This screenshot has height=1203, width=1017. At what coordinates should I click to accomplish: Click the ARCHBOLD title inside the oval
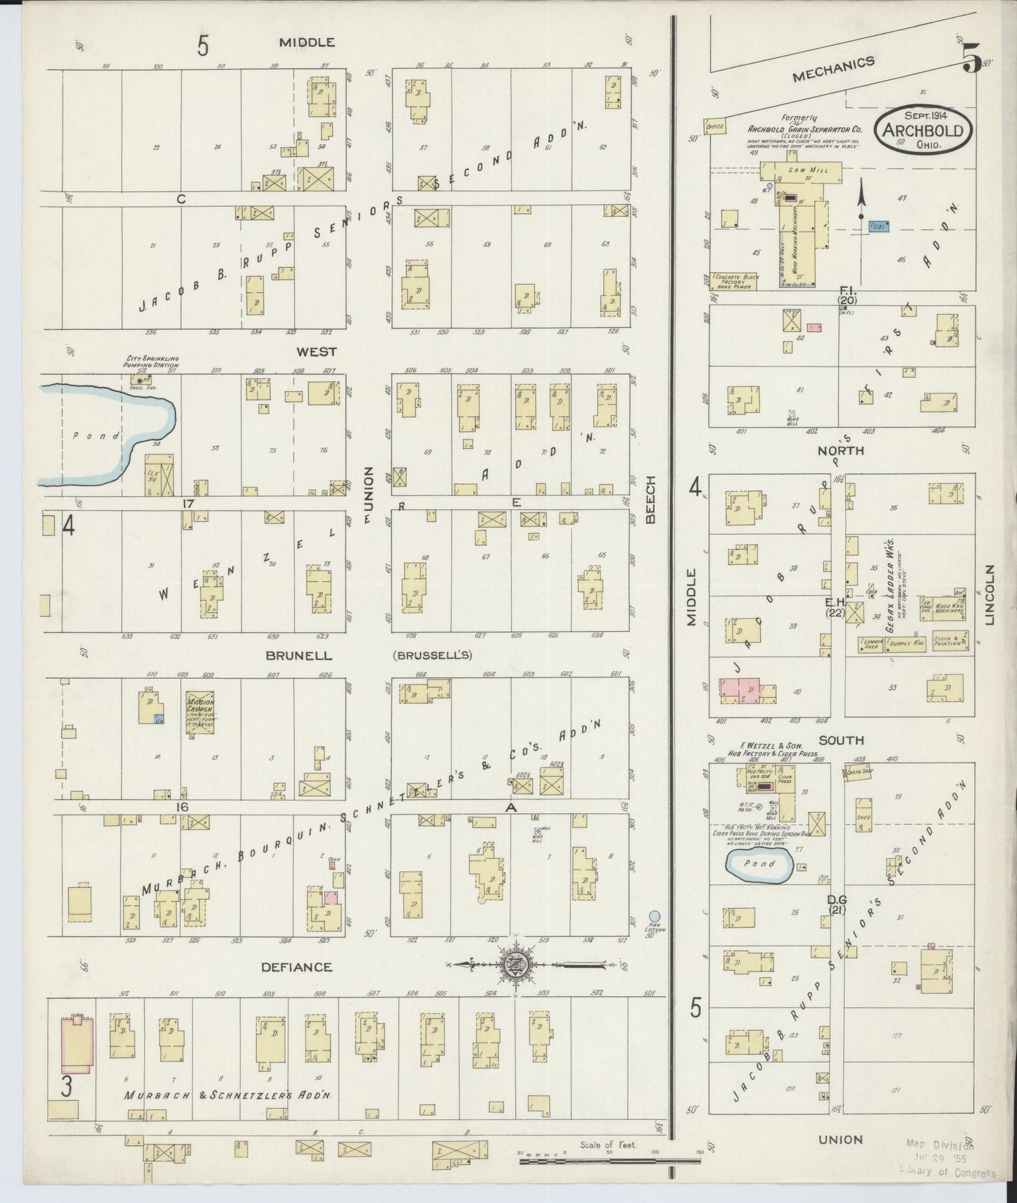(x=923, y=131)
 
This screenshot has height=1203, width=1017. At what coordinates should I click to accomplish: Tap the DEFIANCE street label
(x=296, y=967)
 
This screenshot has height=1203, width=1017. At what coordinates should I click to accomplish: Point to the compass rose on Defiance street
(x=517, y=965)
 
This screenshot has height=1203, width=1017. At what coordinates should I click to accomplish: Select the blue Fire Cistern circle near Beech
(x=655, y=916)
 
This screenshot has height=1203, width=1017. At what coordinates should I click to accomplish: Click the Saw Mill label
(x=802, y=170)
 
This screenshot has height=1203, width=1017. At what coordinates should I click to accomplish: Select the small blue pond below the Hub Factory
(x=759, y=864)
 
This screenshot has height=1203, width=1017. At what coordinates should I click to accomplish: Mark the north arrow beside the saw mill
(x=860, y=201)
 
